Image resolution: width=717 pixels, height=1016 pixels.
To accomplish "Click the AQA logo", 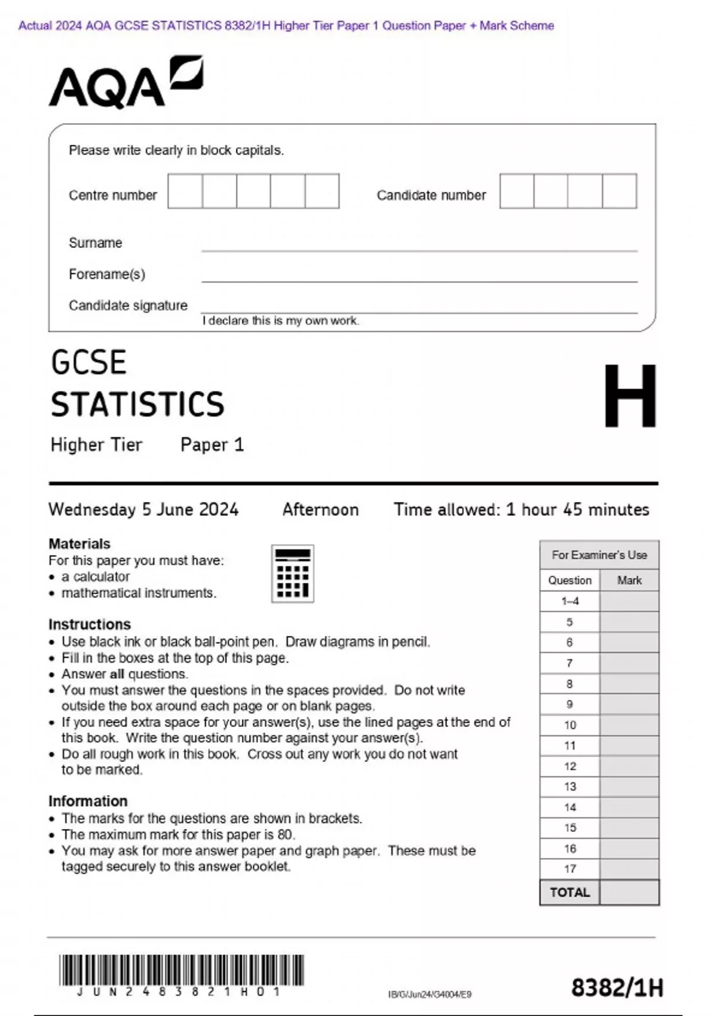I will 125,83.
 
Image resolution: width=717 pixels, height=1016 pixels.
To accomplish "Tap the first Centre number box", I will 185,191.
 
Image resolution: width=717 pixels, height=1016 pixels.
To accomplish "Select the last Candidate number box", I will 620,191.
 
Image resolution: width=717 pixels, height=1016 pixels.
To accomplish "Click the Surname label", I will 96,243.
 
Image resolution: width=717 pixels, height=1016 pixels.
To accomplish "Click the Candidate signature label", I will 128,305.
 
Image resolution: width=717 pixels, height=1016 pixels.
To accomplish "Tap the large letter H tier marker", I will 630,396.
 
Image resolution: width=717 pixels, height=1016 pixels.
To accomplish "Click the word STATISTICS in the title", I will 137,404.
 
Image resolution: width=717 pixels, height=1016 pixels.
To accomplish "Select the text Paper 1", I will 212,445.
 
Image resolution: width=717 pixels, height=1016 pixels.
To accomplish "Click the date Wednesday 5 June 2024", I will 143,509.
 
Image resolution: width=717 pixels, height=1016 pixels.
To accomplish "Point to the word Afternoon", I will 320,509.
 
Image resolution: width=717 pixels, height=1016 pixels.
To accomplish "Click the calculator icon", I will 293,573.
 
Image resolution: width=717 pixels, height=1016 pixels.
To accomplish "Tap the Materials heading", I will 79,544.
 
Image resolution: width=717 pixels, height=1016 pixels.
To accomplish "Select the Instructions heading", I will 90,624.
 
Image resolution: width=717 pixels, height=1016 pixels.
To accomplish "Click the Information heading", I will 88,801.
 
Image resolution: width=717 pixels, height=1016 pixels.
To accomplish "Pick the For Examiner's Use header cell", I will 599,555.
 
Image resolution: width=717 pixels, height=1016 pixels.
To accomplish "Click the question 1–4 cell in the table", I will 570,601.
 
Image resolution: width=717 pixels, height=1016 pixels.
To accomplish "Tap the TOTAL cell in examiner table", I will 570,892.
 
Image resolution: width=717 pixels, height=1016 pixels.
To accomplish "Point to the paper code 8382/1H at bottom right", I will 617,987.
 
